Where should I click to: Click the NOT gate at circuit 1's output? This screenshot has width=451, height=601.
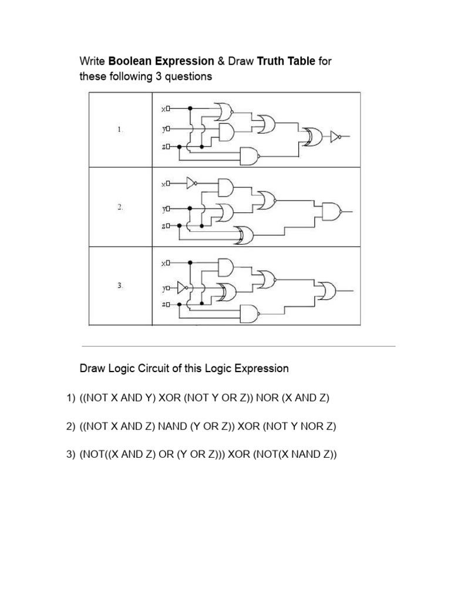(x=335, y=137)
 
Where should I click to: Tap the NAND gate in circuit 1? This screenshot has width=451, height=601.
(x=250, y=156)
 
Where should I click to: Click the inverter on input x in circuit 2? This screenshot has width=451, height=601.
(x=191, y=183)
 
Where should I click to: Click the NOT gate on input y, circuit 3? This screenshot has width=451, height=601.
(x=182, y=288)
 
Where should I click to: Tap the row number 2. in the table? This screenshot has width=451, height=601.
(x=119, y=207)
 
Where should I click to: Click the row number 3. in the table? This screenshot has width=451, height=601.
(x=119, y=285)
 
